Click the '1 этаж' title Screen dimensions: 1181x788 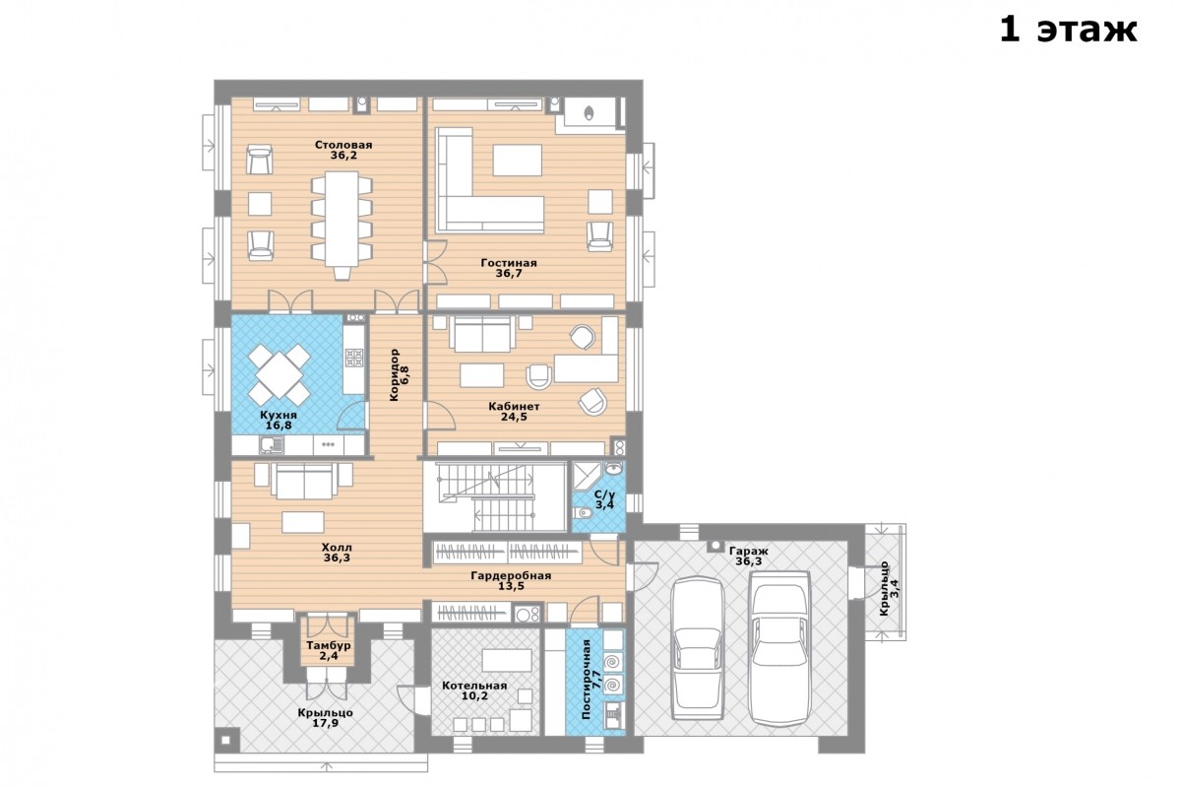coord(1068,30)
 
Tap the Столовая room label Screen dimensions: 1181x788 coord(343,145)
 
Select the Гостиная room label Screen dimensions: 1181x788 coord(508,263)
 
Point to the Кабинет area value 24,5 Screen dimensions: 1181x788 coord(514,417)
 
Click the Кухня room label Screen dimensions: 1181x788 coord(279,416)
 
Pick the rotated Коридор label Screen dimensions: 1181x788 coord(394,374)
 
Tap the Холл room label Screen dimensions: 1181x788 coord(337,548)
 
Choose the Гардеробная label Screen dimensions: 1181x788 coord(511,576)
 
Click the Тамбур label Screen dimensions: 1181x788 coord(328,645)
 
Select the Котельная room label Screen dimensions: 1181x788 coord(474,686)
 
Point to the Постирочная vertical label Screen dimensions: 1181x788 coord(587,679)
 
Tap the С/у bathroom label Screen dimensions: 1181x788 coord(604,494)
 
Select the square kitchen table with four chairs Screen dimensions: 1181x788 coord(279,374)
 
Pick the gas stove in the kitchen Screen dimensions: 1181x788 coord(354,358)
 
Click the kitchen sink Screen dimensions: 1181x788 coord(272,445)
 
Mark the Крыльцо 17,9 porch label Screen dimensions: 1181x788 coord(326,718)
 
